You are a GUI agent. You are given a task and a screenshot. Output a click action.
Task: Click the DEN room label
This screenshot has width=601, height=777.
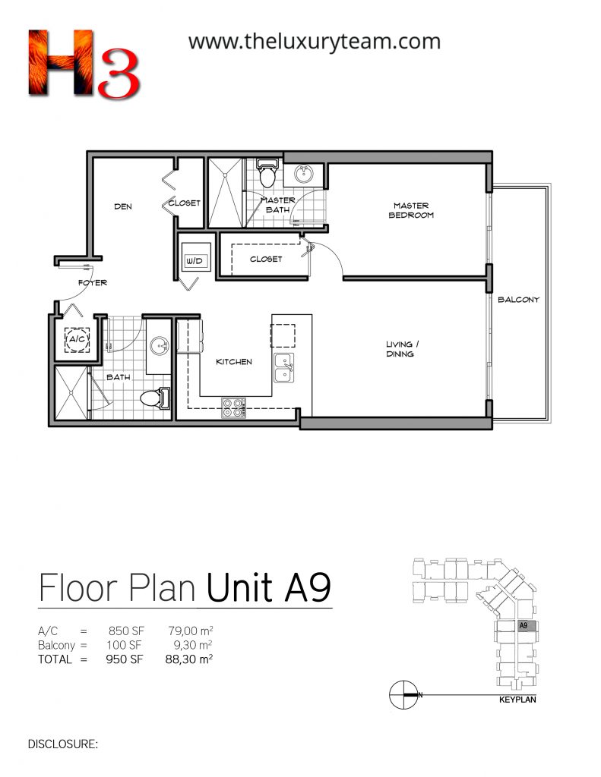[x=123, y=206]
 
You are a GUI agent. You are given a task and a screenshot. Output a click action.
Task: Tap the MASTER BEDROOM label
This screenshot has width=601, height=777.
[x=411, y=210]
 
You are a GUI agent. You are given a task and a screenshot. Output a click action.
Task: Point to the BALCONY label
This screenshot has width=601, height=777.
[x=518, y=299]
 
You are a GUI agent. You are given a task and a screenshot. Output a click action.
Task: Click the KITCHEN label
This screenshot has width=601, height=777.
[x=234, y=362]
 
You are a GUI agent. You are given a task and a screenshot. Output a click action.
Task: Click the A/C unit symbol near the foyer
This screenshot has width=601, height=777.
[x=77, y=339]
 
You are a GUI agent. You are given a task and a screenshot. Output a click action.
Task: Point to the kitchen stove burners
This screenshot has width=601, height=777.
[x=234, y=407]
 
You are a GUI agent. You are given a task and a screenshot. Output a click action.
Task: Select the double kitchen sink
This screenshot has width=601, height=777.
[x=284, y=368]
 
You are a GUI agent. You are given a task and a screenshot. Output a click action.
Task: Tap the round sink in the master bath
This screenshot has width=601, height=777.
[x=303, y=174]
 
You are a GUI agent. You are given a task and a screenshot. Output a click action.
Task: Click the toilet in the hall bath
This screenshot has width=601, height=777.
[x=155, y=398]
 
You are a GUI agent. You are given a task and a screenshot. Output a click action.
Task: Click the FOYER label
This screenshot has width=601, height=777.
[x=92, y=282]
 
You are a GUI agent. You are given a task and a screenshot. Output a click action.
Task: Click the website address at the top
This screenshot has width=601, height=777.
[x=314, y=42]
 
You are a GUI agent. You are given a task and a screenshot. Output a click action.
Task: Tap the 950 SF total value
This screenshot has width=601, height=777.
[x=124, y=659]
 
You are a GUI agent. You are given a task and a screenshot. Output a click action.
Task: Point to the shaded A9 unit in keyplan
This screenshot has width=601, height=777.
[x=526, y=625]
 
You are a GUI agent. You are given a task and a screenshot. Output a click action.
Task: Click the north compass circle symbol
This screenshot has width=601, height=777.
[x=403, y=695]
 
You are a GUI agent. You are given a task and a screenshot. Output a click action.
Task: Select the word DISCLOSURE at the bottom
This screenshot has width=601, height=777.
[x=63, y=744]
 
